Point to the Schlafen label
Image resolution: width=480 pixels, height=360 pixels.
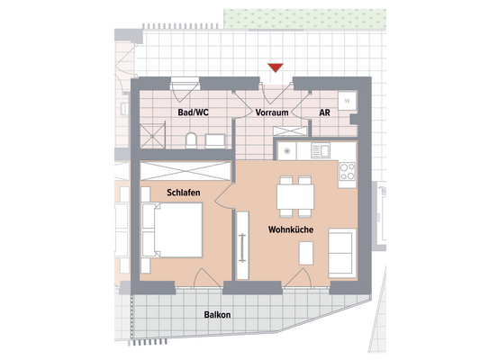183,193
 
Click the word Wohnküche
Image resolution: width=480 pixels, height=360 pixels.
289,230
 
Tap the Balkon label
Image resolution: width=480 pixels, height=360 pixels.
217,315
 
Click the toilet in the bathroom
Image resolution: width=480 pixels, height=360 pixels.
190,139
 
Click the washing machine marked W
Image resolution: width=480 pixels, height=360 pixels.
347,102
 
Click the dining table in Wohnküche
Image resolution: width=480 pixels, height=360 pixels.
294,194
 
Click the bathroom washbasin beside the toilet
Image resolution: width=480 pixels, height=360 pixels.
216,140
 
